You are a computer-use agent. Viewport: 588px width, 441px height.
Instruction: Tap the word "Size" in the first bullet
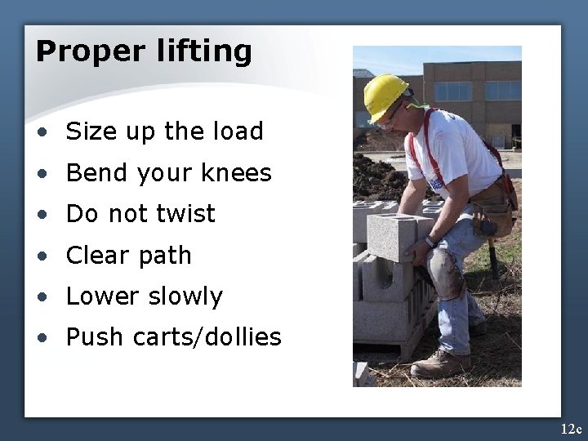(x=90, y=131)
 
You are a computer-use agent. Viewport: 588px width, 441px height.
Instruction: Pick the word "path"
(x=167, y=255)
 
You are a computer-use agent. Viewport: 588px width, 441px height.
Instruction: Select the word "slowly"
(x=185, y=296)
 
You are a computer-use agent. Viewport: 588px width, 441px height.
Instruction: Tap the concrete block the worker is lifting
(x=393, y=237)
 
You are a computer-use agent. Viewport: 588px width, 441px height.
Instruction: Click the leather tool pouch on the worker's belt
(x=493, y=204)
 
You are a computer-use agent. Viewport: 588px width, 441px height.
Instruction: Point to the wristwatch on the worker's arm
(x=429, y=241)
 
